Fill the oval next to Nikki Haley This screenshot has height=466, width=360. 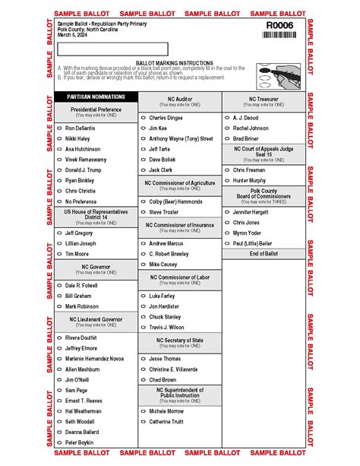tap(60, 139)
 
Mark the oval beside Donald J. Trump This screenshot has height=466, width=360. tap(60, 170)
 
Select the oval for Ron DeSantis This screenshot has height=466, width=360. tap(60, 128)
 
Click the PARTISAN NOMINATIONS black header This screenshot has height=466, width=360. tap(95, 97)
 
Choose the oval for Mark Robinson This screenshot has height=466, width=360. tap(60, 306)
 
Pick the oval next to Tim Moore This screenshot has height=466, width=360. tap(60, 254)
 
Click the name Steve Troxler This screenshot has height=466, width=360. tap(163, 212)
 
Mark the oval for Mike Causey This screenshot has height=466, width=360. tap(144, 265)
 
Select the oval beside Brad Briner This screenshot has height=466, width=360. tap(227, 139)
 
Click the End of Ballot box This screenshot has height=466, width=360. tap(264, 253)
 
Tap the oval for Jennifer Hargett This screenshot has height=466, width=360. tap(227, 212)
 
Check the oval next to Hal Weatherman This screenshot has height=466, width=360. tap(60, 411)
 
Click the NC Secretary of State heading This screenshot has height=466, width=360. tap(180, 341)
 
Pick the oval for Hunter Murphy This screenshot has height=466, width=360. tap(227, 181)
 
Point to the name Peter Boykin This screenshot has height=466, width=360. tap(79, 442)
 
